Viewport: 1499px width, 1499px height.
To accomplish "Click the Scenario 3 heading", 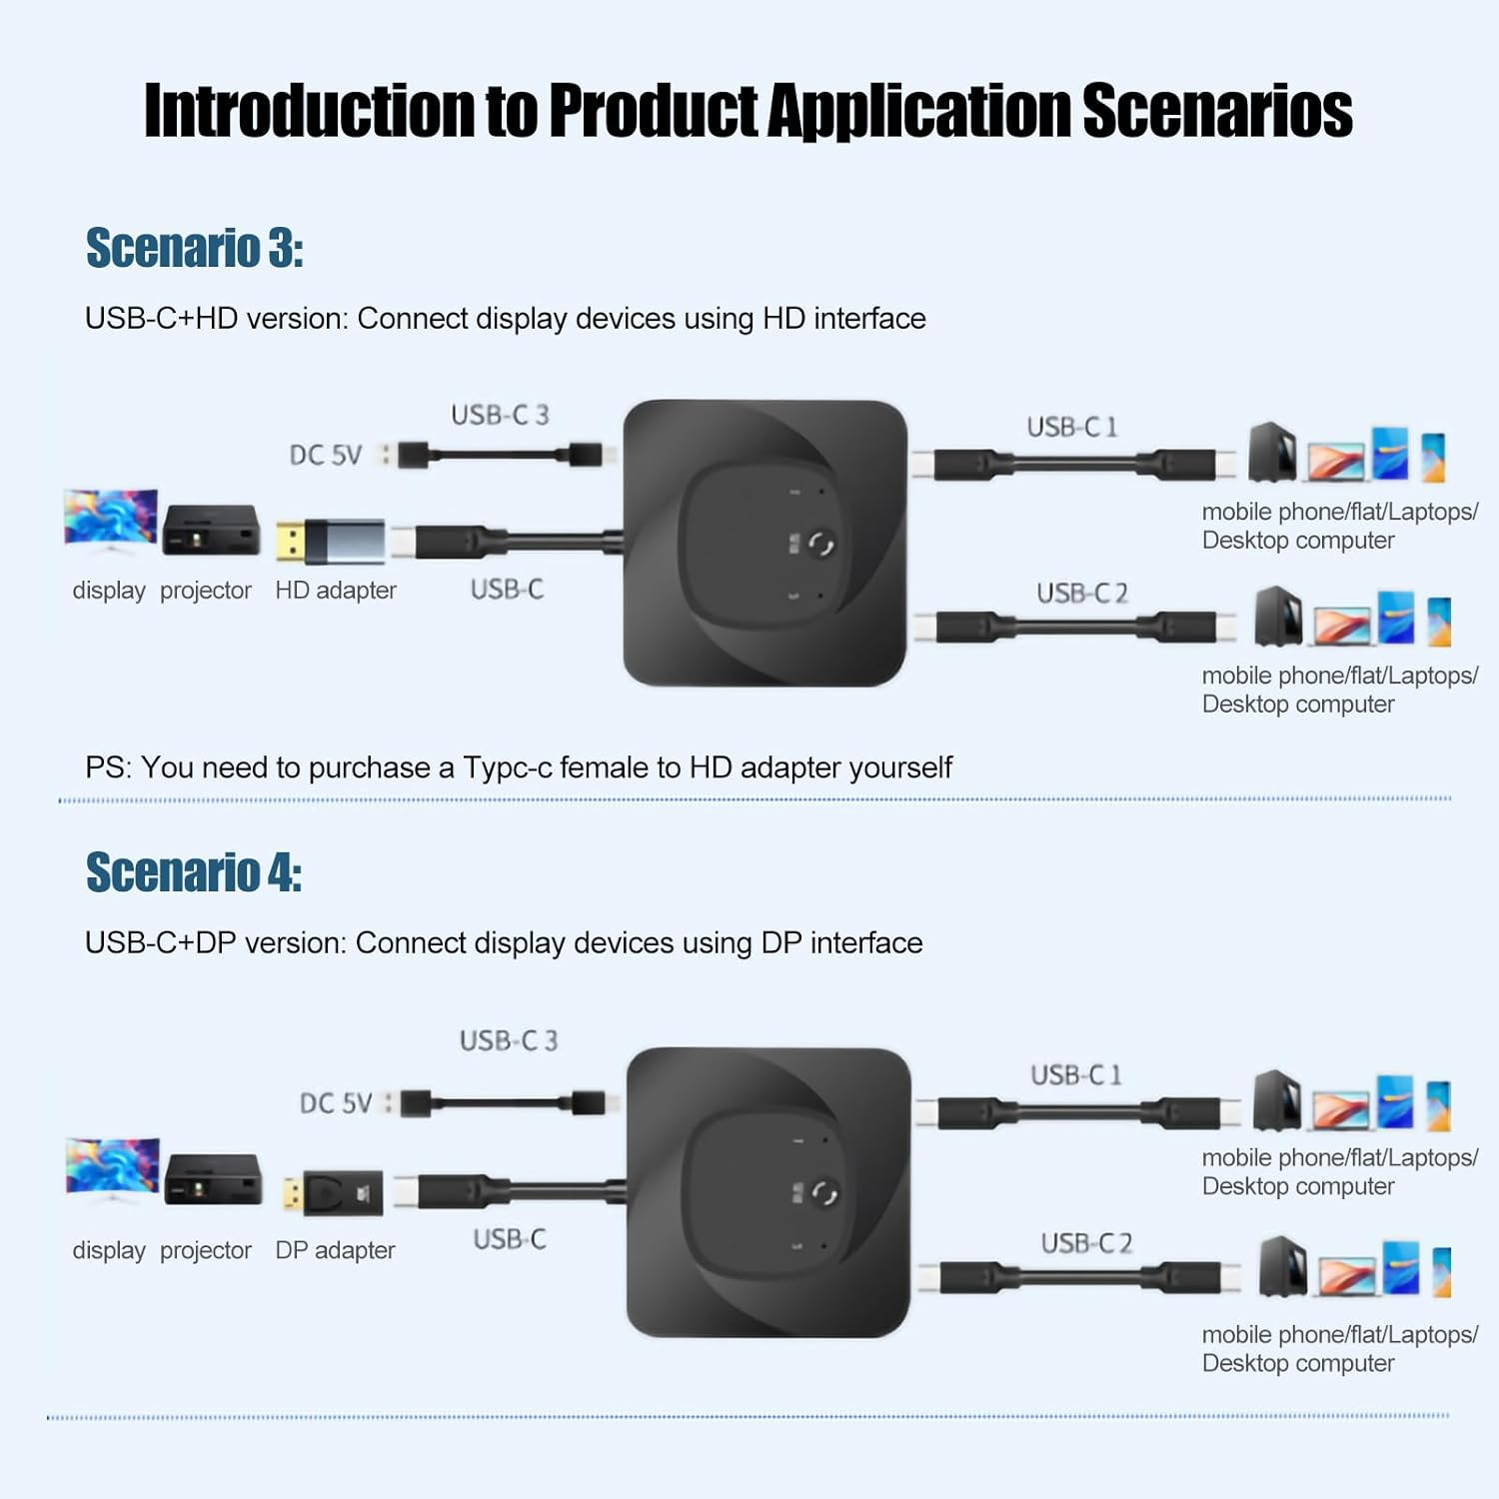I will (194, 248).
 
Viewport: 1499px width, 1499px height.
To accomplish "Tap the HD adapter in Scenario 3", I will (331, 541).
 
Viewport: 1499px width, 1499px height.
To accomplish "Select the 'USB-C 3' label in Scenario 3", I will (500, 415).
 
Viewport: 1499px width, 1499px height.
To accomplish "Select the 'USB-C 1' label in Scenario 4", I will (1076, 1075).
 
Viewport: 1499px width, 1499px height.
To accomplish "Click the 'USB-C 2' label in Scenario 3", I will (1081, 594).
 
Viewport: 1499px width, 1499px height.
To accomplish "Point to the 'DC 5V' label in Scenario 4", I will (336, 1103).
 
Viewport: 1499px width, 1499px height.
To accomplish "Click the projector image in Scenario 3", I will (211, 530).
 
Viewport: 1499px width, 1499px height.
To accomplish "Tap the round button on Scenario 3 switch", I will (821, 545).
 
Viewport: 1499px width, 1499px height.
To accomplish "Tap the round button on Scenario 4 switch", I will (824, 1193).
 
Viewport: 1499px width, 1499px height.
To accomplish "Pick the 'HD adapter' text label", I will (336, 591).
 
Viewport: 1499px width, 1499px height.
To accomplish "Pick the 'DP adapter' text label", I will (335, 1250).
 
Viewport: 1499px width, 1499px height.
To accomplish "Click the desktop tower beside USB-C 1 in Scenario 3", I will (1272, 452).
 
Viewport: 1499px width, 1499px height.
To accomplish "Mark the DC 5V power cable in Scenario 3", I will (500, 455).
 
